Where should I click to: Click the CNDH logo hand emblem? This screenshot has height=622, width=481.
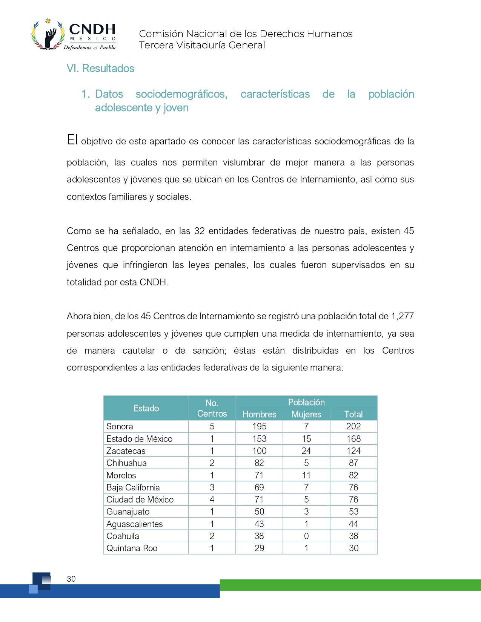(48, 36)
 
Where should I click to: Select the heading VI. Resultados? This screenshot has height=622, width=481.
(100, 68)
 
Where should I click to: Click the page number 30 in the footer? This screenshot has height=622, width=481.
(71, 579)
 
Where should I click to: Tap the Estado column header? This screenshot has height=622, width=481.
(146, 408)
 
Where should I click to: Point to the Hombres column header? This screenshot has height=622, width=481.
(259, 414)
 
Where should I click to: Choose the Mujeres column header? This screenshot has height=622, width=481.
(306, 414)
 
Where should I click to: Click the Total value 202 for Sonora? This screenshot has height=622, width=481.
(353, 426)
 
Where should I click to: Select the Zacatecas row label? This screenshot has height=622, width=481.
(126, 451)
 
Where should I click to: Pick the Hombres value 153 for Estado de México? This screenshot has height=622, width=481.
(259, 439)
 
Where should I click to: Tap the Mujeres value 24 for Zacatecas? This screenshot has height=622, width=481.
(306, 451)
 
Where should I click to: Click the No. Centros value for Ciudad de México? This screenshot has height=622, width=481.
(212, 499)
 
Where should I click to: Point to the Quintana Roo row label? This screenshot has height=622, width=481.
(132, 548)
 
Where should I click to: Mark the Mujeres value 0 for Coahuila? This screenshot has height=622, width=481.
(306, 536)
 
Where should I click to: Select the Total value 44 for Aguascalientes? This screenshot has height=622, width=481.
(353, 524)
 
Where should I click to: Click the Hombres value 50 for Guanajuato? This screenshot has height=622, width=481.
(259, 512)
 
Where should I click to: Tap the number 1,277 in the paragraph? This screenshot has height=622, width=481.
(403, 316)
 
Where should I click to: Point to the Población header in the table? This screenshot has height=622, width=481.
(306, 402)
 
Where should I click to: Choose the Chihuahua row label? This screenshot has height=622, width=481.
(126, 463)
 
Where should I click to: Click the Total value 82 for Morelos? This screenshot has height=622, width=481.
(353, 475)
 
